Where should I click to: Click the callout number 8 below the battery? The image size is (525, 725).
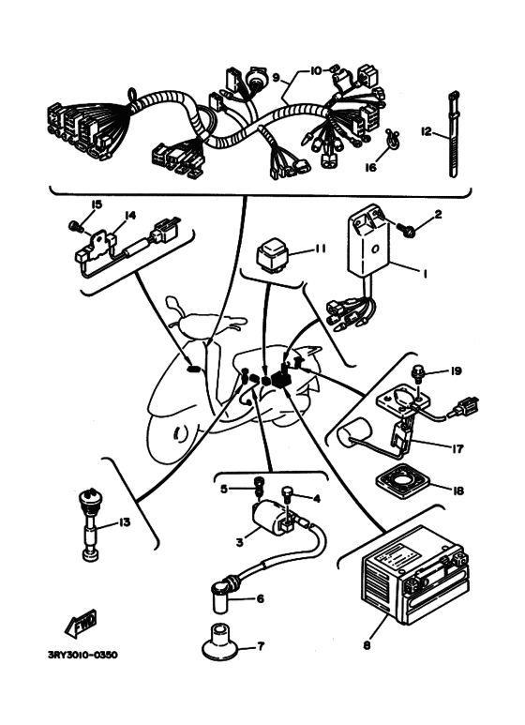367,645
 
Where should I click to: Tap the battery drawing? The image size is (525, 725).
415,574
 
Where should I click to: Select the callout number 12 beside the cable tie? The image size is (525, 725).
427,132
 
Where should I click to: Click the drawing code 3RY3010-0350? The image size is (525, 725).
82,655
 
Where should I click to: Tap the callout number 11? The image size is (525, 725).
320,249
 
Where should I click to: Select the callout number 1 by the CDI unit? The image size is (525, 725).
425,274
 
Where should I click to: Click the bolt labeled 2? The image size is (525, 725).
405,230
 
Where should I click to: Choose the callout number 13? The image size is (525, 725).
125,522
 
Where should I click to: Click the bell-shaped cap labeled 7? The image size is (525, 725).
220,642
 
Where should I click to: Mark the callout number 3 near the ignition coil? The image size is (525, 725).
239,542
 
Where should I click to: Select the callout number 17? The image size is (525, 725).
457,448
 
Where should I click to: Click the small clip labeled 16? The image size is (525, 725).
393,138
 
